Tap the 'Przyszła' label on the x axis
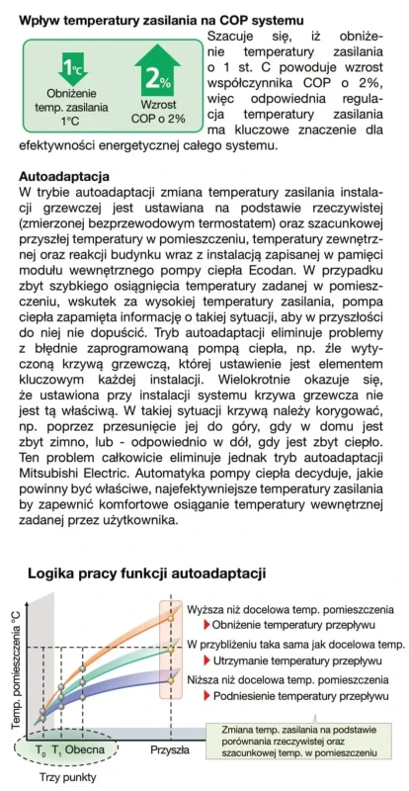click(x=169, y=750)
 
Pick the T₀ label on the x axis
click(x=41, y=750)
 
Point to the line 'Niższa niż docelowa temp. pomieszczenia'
click(x=288, y=679)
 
